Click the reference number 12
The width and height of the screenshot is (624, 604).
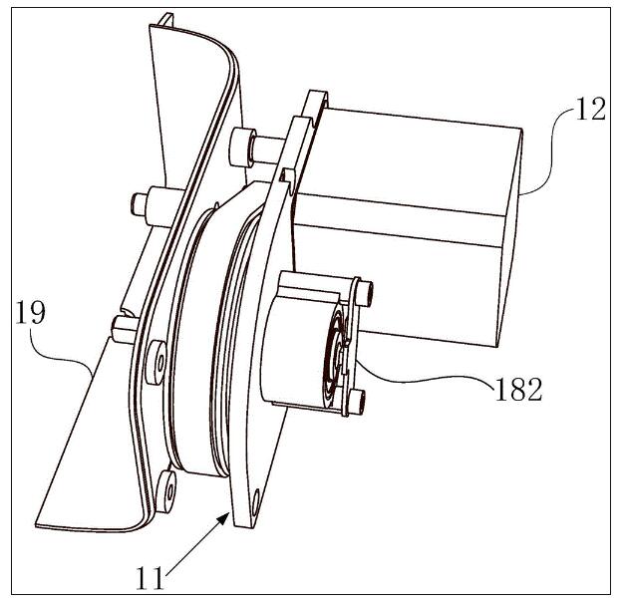(590, 109)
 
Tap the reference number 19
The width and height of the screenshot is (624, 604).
(30, 313)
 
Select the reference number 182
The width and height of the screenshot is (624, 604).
(518, 389)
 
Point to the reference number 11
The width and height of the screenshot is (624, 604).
(150, 578)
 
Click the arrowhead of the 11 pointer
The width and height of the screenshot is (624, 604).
(223, 519)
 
